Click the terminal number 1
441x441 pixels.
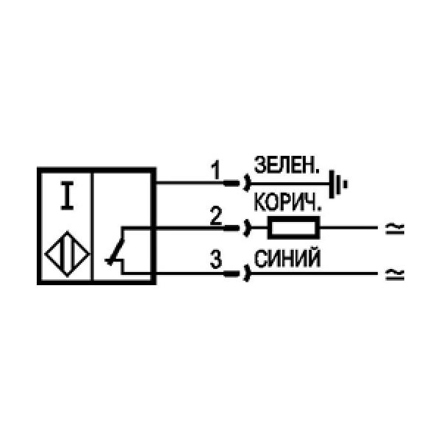[215, 171]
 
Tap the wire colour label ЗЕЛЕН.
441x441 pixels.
[287, 165]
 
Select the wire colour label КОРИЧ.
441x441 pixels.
[287, 202]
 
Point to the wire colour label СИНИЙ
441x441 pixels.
[287, 258]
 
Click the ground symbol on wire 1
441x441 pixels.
[338, 184]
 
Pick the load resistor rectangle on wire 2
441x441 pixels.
[293, 228]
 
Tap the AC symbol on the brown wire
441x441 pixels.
[394, 228]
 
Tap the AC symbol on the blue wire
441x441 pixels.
[394, 274]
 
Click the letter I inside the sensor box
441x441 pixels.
[67, 196]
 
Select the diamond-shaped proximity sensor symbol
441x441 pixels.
[67, 254]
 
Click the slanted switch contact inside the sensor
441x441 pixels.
[115, 252]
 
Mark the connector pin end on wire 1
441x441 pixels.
[232, 184]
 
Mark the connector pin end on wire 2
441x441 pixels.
[232, 228]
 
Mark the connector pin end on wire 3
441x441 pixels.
[232, 273]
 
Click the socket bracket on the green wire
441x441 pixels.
[247, 183]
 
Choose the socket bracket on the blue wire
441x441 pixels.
[247, 273]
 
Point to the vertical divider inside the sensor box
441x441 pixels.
[91, 226]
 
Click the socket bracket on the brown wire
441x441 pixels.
[247, 228]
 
